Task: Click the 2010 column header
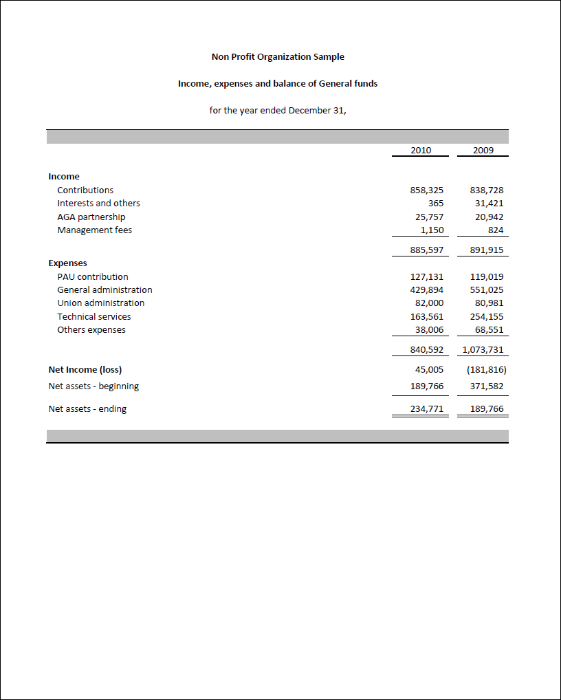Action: pos(420,150)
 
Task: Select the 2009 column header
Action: pos(483,150)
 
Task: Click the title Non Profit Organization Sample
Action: pos(278,56)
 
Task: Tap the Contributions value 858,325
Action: pos(427,190)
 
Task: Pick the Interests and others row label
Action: pos(98,203)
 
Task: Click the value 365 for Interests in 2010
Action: pos(436,203)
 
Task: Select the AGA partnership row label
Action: pos(91,217)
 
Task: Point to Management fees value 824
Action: pos(495,230)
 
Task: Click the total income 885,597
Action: pos(427,250)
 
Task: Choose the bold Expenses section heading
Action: pos(67,263)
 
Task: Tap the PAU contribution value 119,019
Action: pos(487,276)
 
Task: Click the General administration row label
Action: pos(104,289)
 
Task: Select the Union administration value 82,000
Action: pos(427,303)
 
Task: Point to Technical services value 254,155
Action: pos(487,316)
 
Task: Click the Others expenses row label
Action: pos(91,329)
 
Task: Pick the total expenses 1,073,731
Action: pos(483,349)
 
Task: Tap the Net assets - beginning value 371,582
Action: pos(487,386)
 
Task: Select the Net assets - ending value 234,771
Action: pos(427,408)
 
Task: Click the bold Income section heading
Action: pos(64,176)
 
